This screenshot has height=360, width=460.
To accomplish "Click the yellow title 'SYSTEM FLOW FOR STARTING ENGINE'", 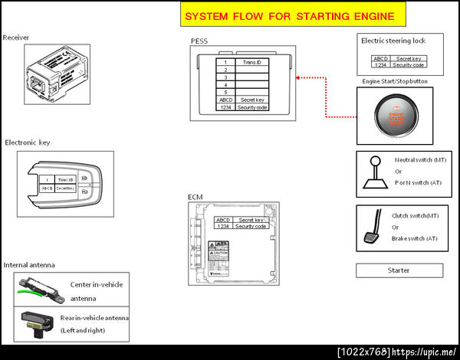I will coord(291,16).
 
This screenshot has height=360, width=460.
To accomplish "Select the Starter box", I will coord(399,270).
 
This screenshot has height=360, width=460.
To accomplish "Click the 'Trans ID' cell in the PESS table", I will coord(252,62).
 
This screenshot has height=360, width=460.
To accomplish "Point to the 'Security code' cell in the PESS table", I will coord(252,108).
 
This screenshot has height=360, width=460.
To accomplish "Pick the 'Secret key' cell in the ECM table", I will coord(251,220).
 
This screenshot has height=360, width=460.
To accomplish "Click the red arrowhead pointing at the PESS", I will coord(297,77).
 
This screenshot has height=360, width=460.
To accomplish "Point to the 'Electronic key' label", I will coord(28,142).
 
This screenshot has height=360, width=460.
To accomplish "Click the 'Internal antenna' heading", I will coord(29,265).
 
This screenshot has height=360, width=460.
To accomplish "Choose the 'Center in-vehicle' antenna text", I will coord(96,283).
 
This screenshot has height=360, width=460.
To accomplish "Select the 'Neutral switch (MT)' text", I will coord(420,160).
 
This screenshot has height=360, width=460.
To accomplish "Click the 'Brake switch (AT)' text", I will coord(415,238).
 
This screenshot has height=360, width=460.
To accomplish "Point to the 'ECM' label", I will coord(195,198).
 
